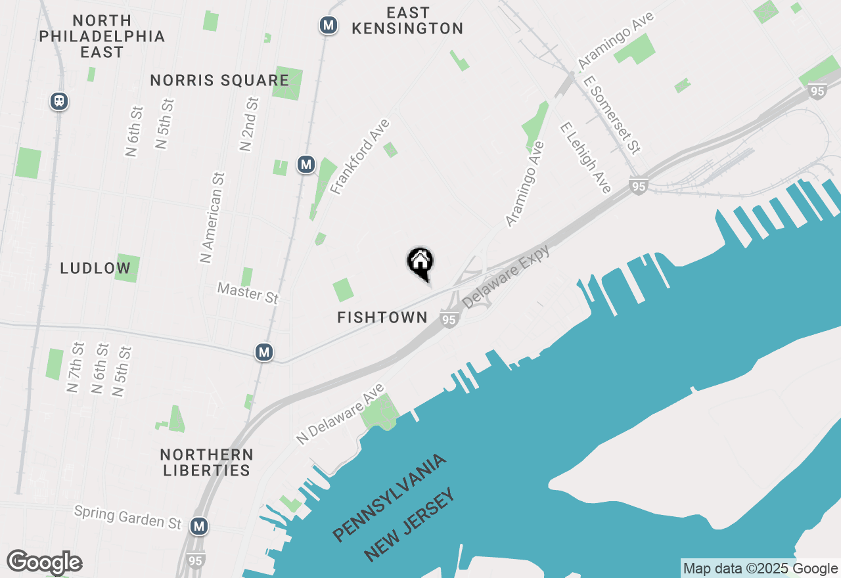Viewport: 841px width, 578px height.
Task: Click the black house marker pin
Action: tap(420, 262)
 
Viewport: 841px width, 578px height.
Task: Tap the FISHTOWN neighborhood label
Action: tap(382, 318)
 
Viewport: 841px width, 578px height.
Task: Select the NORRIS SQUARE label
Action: tap(219, 81)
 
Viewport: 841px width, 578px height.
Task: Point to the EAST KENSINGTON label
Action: tap(407, 21)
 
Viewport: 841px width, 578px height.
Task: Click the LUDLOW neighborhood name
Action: tap(95, 269)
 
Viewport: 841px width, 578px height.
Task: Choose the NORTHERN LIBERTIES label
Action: tap(206, 462)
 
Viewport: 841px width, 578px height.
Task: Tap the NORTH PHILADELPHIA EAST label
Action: tap(102, 36)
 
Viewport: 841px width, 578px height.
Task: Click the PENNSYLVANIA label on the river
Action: tap(390, 497)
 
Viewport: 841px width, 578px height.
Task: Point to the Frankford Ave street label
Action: tap(360, 156)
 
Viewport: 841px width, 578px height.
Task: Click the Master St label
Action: tap(248, 292)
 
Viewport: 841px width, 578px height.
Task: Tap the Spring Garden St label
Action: tap(127, 517)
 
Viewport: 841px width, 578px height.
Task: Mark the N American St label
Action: tap(213, 217)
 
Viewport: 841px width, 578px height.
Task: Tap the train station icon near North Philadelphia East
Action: tap(59, 101)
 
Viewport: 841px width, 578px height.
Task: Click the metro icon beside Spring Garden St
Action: tap(199, 526)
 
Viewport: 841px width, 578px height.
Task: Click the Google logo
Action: tap(44, 563)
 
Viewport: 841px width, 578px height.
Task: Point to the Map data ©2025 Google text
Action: tap(761, 569)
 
